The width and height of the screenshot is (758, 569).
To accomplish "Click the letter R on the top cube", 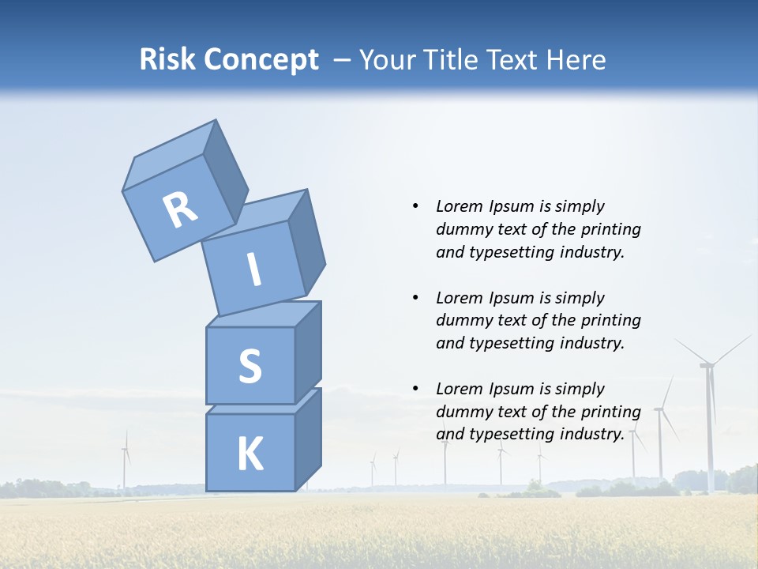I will [x=180, y=209].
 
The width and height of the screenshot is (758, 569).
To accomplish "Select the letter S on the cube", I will [x=250, y=367].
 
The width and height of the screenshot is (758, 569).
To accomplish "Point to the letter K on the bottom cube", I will [x=250, y=454].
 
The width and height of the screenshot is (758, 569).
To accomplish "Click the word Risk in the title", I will [x=168, y=60].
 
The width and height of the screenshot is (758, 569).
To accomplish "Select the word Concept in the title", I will [x=261, y=60].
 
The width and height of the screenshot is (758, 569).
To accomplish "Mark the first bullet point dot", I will [x=415, y=206].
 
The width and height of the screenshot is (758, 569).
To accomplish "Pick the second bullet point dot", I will [x=415, y=298].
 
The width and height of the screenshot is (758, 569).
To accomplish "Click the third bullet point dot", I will [x=415, y=389].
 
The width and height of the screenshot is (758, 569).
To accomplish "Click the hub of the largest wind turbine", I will [x=707, y=364].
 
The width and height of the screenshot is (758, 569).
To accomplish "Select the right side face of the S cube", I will [x=308, y=352].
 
